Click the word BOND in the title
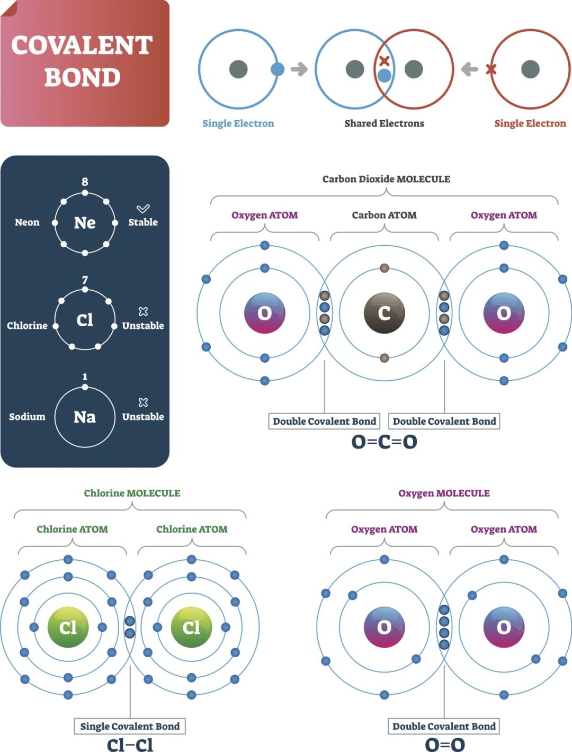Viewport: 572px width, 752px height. click(83, 77)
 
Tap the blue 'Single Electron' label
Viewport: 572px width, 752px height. click(238, 123)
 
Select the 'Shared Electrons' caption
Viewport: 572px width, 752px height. click(384, 123)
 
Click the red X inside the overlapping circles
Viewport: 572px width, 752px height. click(385, 61)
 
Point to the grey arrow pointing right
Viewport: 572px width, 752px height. click(299, 69)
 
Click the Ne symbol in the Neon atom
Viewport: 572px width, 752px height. click(85, 222)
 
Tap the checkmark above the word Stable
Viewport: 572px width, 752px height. click(143, 209)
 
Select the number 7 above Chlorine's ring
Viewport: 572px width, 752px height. click(85, 280)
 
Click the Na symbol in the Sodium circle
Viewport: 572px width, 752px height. click(85, 417)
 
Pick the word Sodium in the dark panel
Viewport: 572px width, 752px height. click(27, 417)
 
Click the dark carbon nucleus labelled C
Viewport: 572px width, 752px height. click(385, 313)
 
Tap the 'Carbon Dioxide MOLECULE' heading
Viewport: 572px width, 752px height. click(386, 179)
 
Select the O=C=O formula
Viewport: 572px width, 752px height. click(385, 441)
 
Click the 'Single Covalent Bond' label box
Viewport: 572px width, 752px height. click(130, 726)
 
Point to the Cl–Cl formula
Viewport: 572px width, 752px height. click(130, 745)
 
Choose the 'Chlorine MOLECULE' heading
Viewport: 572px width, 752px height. click(132, 493)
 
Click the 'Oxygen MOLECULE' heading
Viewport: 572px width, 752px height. click(444, 493)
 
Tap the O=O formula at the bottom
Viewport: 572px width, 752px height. click(444, 745)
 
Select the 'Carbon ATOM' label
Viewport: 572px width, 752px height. click(384, 215)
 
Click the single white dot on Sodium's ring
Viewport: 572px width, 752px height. click(85, 387)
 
